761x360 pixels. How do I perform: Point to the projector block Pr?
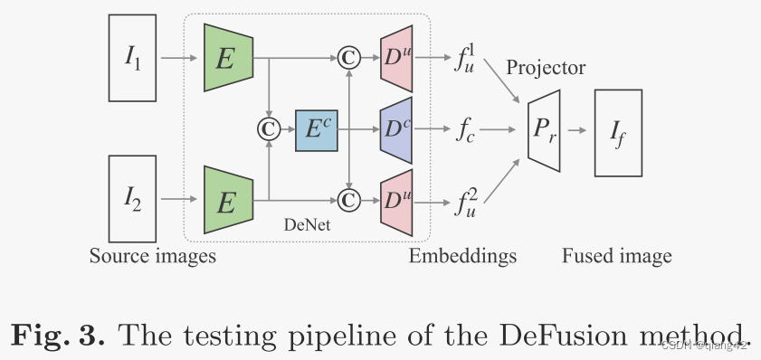click(x=543, y=129)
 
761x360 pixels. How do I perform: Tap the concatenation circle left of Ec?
click(x=267, y=129)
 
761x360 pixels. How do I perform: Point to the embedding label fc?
click(x=466, y=130)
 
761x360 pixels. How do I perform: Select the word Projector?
click(x=546, y=68)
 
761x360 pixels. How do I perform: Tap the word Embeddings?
click(x=462, y=256)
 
